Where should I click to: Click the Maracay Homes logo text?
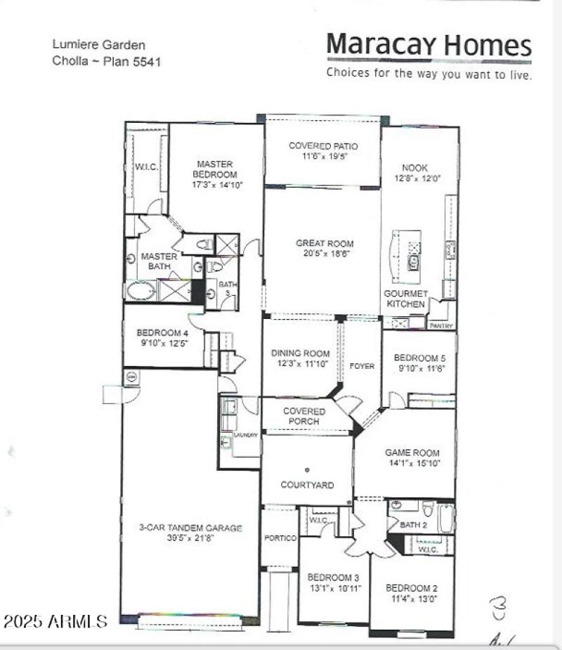pyautogui.click(x=429, y=46)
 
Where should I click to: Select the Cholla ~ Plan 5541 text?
pyautogui.click(x=107, y=61)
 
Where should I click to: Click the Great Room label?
pyautogui.click(x=324, y=244)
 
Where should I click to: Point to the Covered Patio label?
pyautogui.click(x=323, y=146)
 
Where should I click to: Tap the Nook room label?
pyautogui.click(x=414, y=168)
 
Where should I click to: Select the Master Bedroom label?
pyautogui.click(x=215, y=169)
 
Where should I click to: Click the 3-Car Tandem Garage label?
pyautogui.click(x=190, y=528)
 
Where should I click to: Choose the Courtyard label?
pyautogui.click(x=307, y=485)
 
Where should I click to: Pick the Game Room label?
pyautogui.click(x=412, y=453)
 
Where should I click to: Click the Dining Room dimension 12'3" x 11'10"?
pyautogui.click(x=301, y=363)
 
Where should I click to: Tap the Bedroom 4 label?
pyautogui.click(x=162, y=332)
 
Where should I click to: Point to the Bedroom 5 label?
pyautogui.click(x=419, y=358)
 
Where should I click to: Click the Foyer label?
pyautogui.click(x=362, y=366)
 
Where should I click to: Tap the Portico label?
pyautogui.click(x=280, y=538)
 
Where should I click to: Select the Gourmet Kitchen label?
pyautogui.click(x=405, y=299)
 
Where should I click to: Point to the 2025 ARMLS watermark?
pyautogui.click(x=55, y=622)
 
